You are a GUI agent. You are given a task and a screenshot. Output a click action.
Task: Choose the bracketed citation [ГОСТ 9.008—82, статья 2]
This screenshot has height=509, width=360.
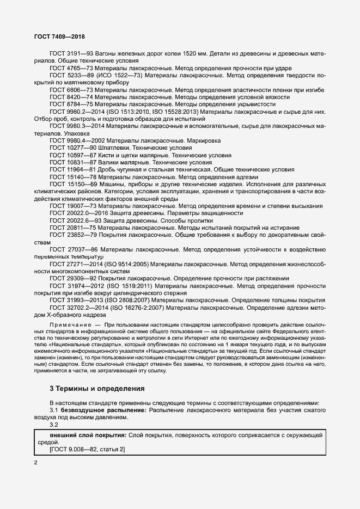[87, 450]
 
